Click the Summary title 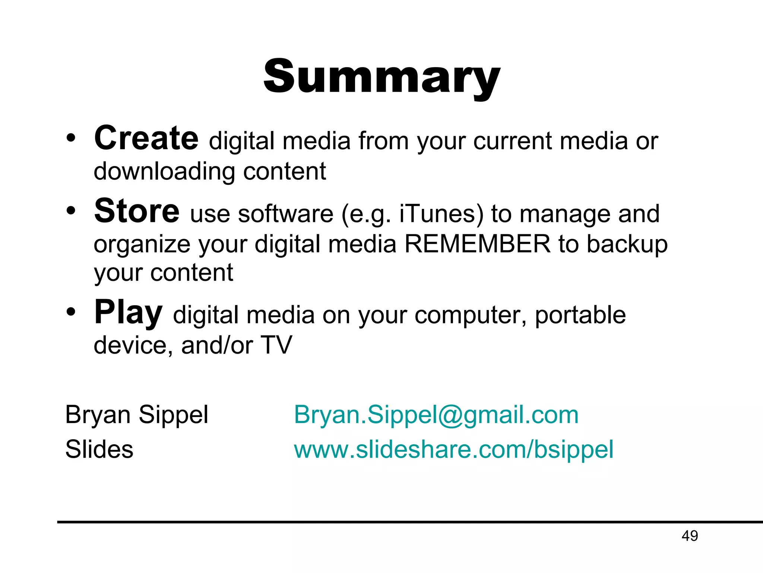click(381, 78)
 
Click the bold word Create click(146, 139)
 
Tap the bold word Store click(137, 212)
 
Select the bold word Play click(128, 313)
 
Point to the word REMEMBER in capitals click(477, 244)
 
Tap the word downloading click(164, 172)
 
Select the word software click(285, 214)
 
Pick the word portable click(580, 315)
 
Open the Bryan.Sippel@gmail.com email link click(436, 415)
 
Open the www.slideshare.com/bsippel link click(453, 450)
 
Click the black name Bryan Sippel click(136, 415)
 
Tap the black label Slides click(99, 449)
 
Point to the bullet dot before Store click(71, 211)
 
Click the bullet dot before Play click(71, 312)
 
